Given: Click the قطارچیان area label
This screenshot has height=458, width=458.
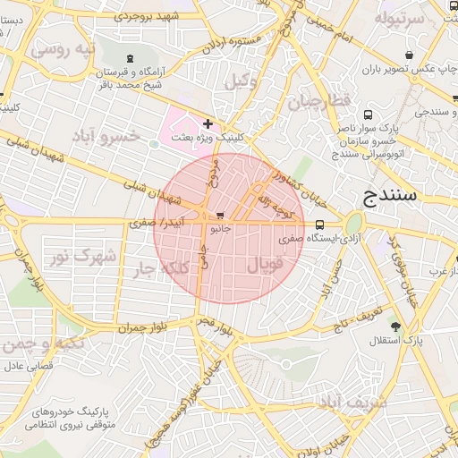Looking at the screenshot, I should click(319, 101).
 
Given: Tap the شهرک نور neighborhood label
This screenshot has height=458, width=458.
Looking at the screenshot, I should click(82, 257).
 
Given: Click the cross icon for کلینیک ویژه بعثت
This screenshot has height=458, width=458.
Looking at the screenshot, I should click(208, 123).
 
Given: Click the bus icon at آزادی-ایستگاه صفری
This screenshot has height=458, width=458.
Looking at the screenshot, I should click(320, 225).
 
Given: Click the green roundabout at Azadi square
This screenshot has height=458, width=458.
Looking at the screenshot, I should click(354, 223).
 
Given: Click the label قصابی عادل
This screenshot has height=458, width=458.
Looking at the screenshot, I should click(31, 366).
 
